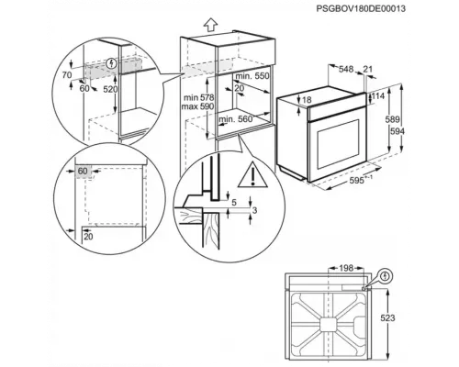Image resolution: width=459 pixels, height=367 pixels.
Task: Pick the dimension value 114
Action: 375,95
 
